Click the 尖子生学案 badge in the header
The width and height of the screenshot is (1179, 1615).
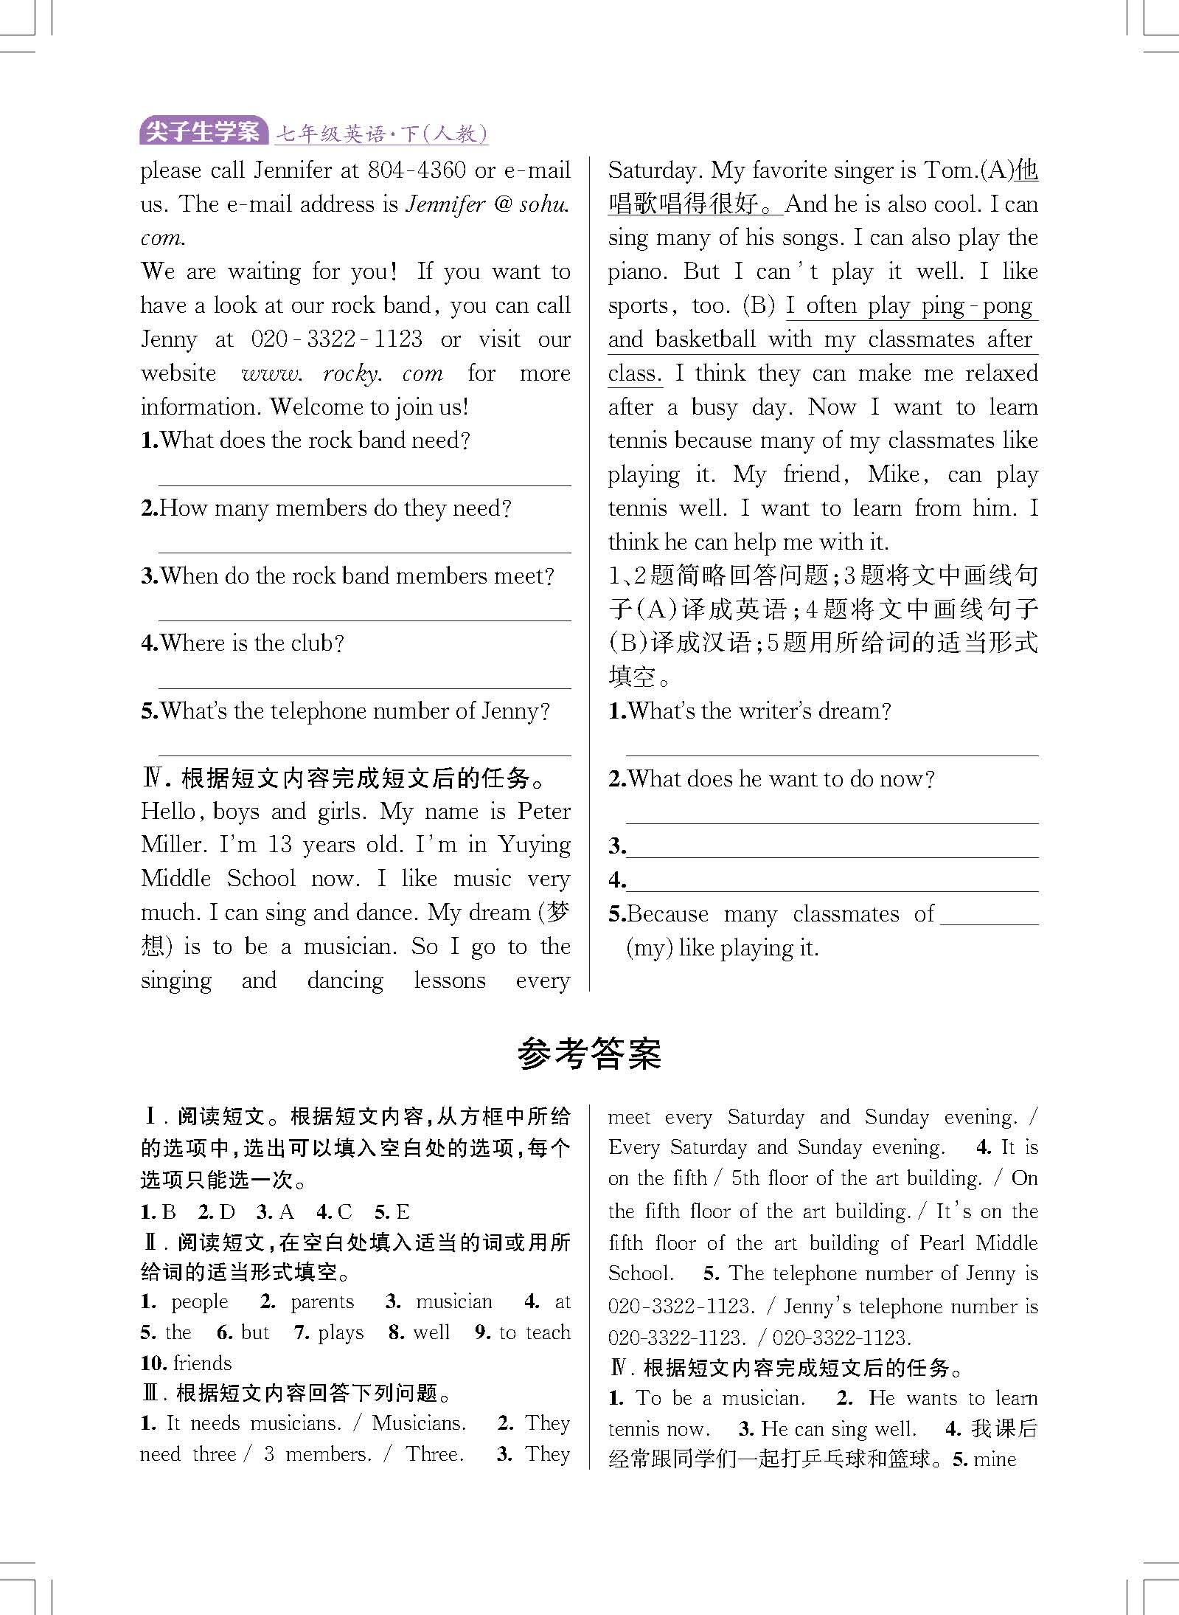(204, 132)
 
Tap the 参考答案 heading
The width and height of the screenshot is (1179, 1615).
(588, 1054)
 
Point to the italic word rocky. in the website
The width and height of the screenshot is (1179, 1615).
(352, 374)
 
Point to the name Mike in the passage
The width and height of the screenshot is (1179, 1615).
(894, 475)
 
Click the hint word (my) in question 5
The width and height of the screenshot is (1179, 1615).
(649, 948)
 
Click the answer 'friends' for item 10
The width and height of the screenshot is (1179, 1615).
(202, 1363)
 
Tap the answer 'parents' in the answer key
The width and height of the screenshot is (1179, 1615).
(322, 1301)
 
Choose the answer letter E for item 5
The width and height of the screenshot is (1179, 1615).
(403, 1211)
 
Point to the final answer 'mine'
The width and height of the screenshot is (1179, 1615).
(995, 1459)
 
